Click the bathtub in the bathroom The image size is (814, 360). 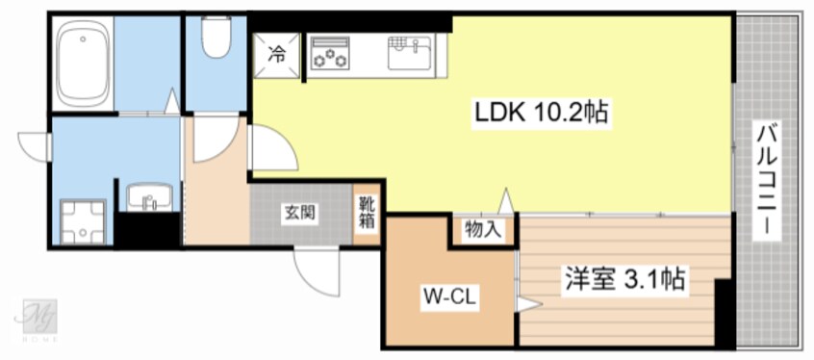pos(83,65)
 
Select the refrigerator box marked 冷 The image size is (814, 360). pos(275,56)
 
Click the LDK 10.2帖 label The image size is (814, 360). pos(540,113)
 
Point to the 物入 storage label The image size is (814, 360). pos(482,229)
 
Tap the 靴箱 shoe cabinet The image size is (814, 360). pos(368,213)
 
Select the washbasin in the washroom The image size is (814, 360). pos(148,199)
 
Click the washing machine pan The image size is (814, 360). pos(83,220)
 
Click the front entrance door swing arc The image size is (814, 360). pos(318,270)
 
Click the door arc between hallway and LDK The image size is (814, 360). pos(269,149)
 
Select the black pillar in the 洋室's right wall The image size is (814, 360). pos(724,308)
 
